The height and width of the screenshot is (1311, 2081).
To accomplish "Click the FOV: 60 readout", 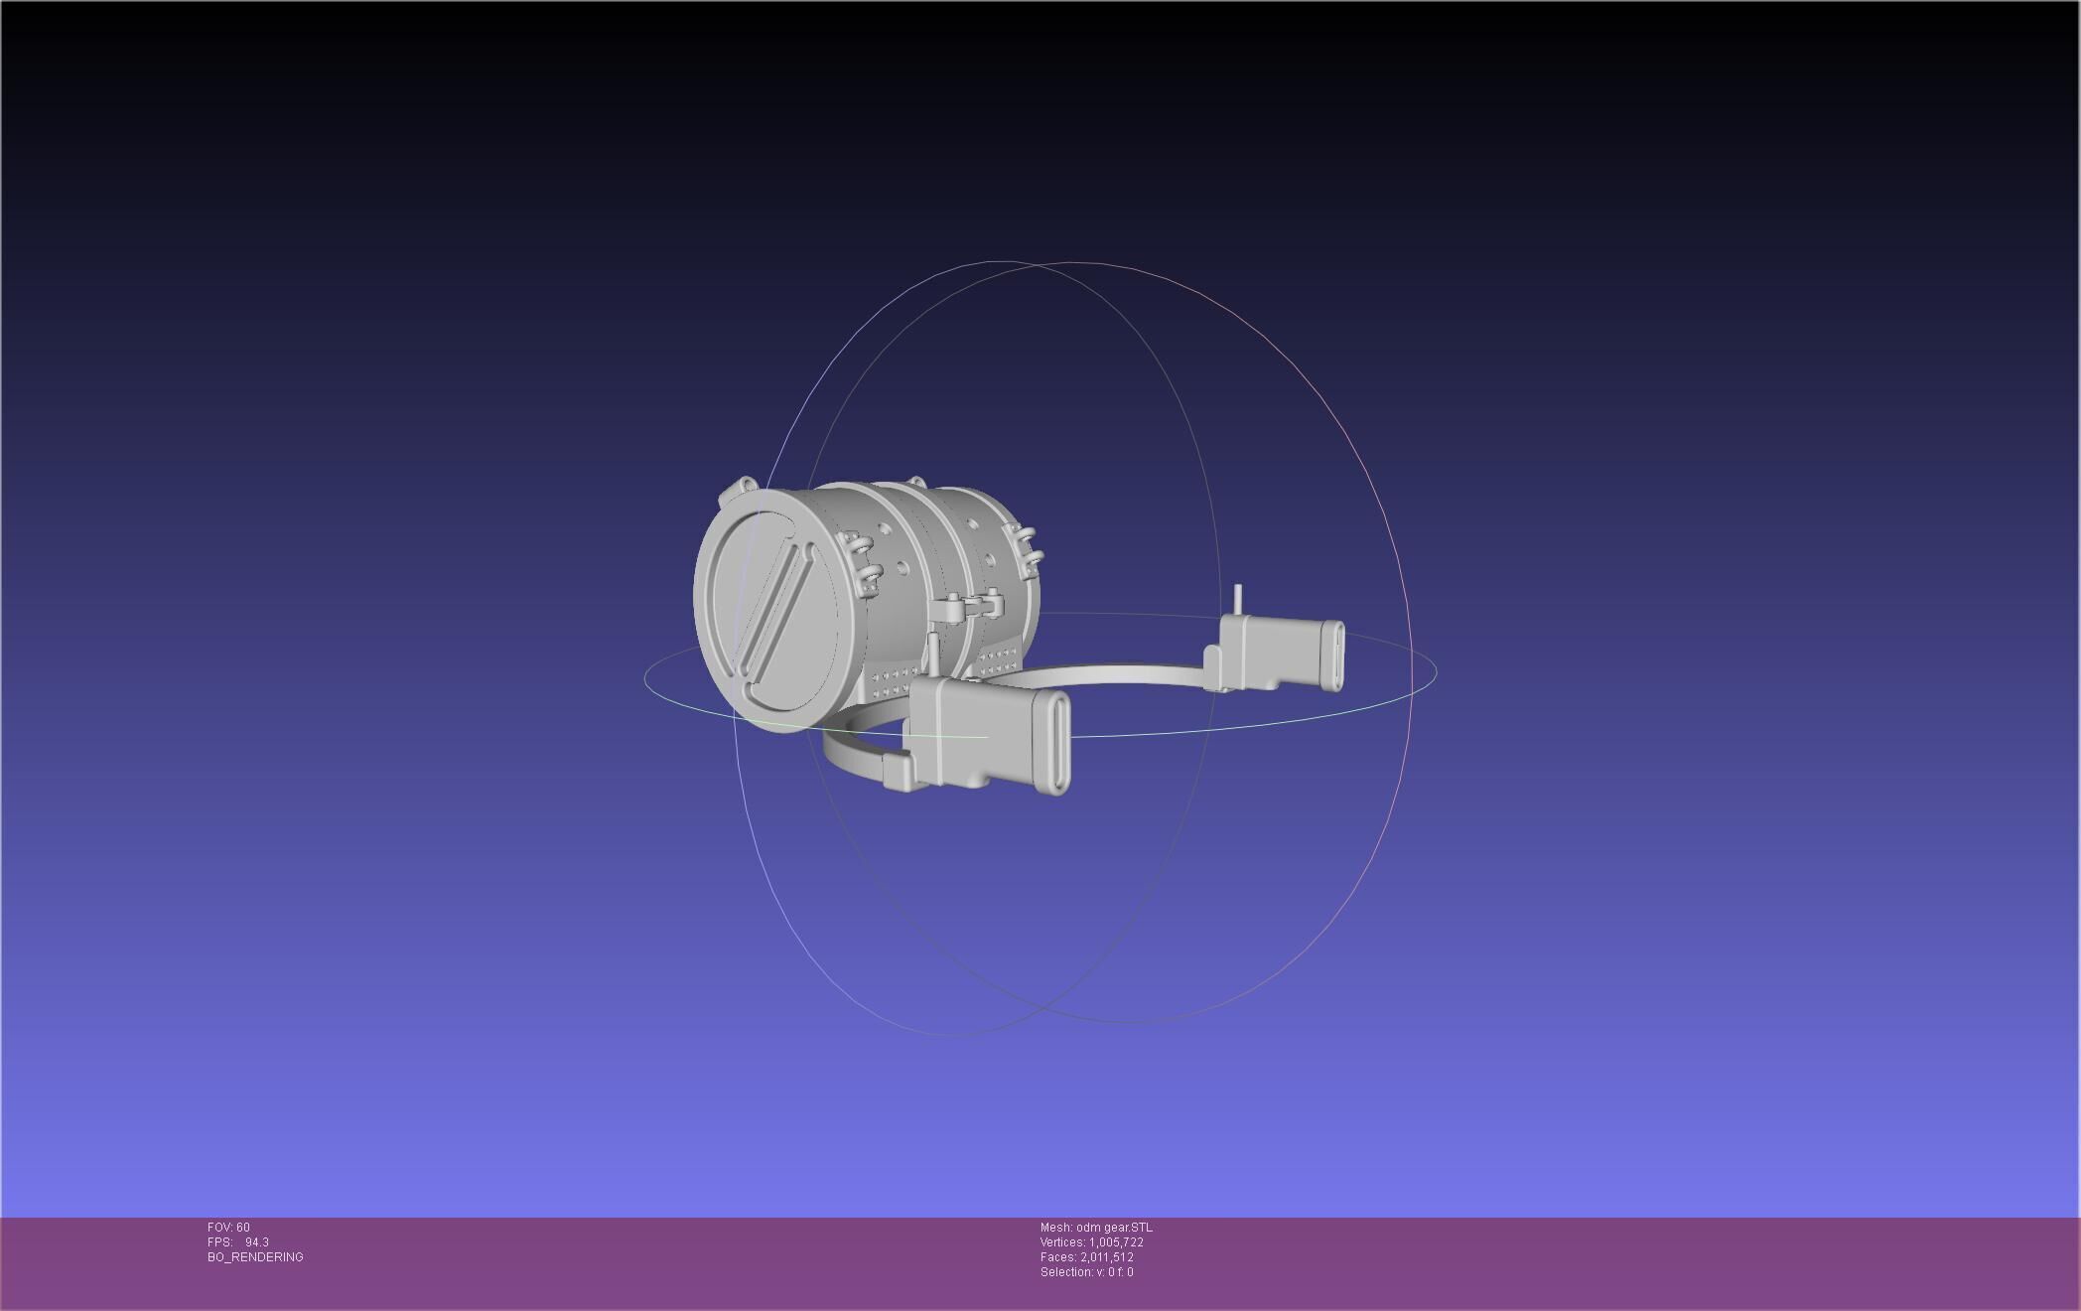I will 228,1228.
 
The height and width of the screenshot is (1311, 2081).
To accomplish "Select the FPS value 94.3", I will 256,1242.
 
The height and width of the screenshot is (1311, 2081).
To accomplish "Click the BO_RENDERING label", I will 255,1257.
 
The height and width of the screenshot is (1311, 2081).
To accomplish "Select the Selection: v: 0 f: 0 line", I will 1086,1272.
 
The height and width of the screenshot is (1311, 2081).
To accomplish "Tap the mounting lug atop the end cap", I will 744,489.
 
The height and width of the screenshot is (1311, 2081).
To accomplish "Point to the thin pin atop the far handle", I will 1237,600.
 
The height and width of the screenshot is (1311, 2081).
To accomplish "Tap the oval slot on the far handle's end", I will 1331,655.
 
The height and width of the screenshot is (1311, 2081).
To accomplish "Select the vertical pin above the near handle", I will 933,651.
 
